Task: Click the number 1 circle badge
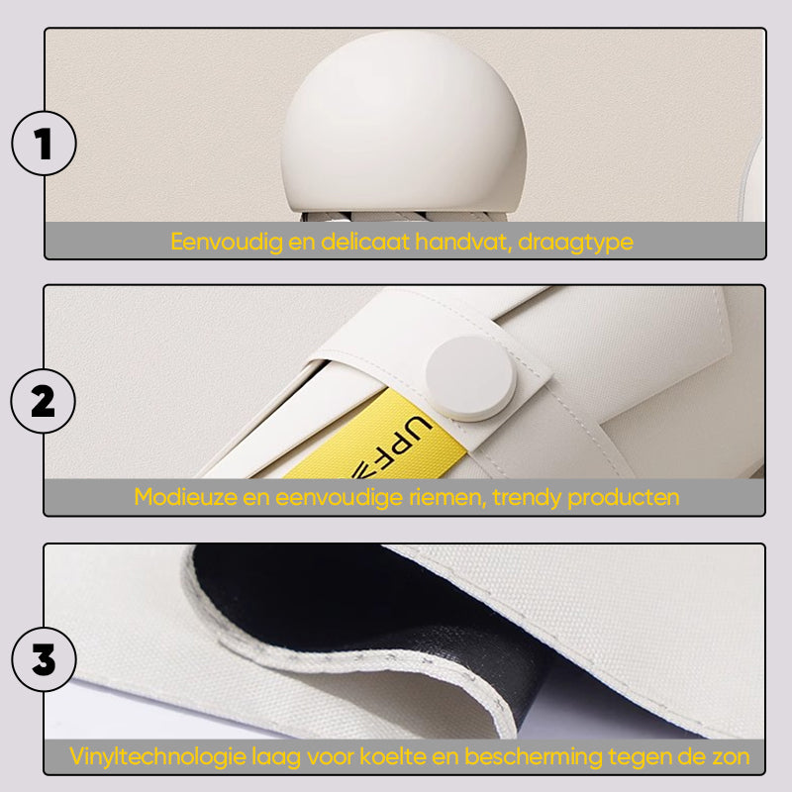[x=44, y=144]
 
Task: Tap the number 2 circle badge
[x=43, y=401]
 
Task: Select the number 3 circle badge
[x=44, y=659]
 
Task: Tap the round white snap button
[x=471, y=378]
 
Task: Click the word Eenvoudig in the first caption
[x=227, y=242]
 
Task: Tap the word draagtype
[x=575, y=243]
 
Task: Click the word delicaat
[x=365, y=242]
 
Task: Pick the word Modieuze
[x=185, y=498]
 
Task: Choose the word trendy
[x=527, y=499]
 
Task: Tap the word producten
[x=624, y=499]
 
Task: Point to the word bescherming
[x=534, y=757]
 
